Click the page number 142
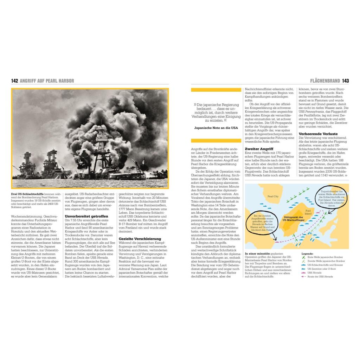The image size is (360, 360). point(14,81)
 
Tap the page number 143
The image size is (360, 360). point(345,81)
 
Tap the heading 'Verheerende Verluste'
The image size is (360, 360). point(318,134)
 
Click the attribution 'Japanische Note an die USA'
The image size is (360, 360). point(216,128)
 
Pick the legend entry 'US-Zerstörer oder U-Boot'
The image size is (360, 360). point(322,269)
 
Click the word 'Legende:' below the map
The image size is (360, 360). point(307,253)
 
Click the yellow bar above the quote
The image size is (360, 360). point(215,90)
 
